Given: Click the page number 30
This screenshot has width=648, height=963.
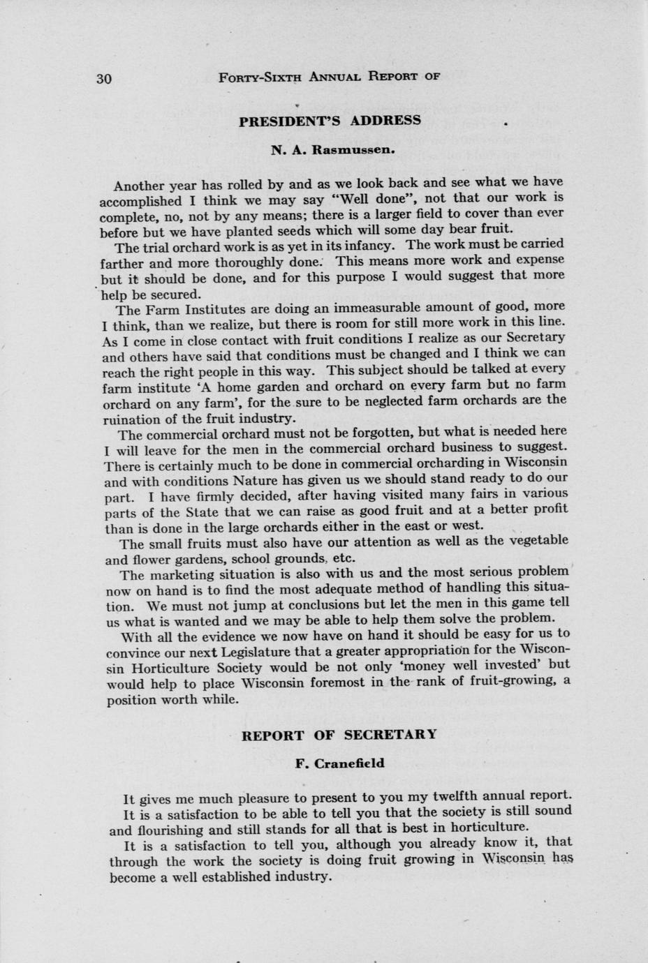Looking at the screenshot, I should click(103, 78).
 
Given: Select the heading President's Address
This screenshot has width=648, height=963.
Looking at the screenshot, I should click(330, 120).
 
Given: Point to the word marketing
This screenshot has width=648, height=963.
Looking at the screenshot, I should click(187, 575).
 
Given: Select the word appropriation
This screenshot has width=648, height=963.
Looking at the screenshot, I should click(414, 652).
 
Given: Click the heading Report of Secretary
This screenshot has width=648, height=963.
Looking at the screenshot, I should click(339, 735).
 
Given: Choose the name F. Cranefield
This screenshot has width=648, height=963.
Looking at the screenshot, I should click(340, 763).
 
